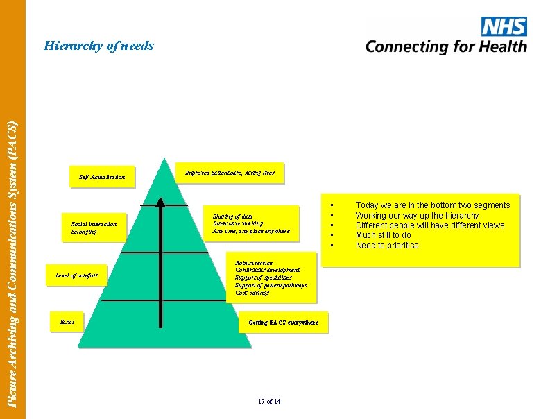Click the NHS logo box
pos(503,27)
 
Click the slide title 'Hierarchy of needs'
pos(98,46)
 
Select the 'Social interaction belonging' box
pos(94,228)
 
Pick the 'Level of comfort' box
pos(77,275)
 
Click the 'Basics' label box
pos(67,323)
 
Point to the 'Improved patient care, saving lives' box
pos(230,172)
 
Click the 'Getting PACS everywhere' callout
pos(283,323)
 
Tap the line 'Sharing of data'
pos(232,216)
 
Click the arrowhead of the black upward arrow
pos(160,203)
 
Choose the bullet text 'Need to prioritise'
pos(387,246)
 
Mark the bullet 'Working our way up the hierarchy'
pos(417,215)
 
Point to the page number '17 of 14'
pos(268,402)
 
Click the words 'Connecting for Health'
pos(446,47)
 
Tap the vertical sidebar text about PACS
pos(12,264)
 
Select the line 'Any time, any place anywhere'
pos(250,231)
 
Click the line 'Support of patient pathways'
pos(270,285)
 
